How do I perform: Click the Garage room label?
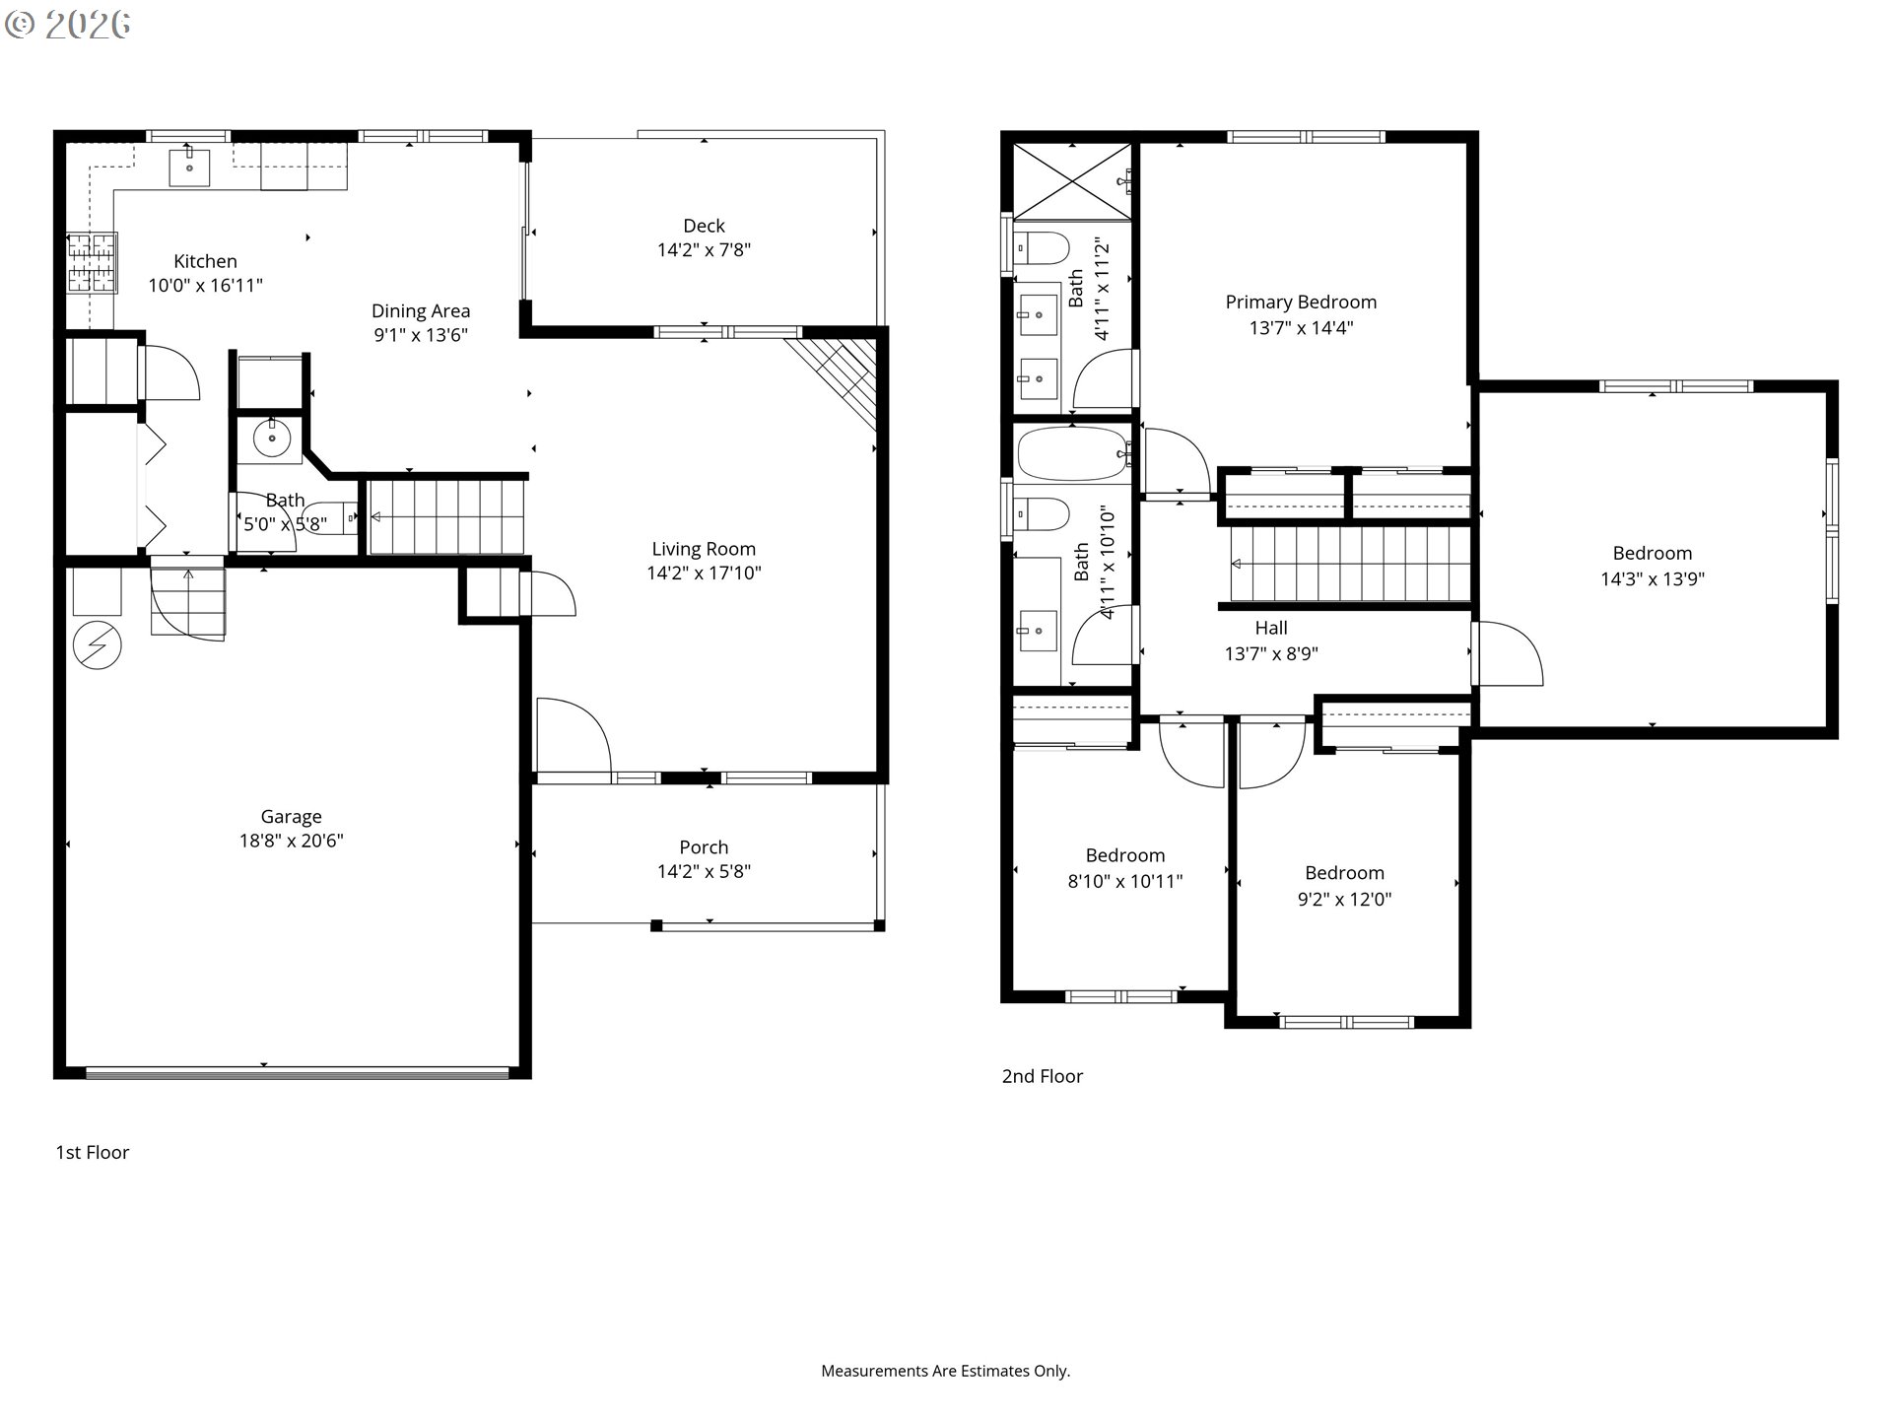tap(291, 816)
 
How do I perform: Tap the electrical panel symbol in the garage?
tap(98, 646)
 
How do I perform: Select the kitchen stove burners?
tap(92, 262)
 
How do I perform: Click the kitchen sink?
tap(188, 168)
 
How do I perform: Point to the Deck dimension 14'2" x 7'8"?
tap(704, 250)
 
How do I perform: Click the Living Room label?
tap(704, 549)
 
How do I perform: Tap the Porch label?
tap(704, 847)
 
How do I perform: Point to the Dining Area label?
tap(421, 311)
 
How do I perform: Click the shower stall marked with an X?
tap(1072, 180)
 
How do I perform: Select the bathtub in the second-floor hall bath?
tap(1073, 453)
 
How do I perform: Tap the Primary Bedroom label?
tap(1301, 303)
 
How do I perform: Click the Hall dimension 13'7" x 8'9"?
tap(1271, 653)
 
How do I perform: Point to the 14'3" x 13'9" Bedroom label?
tap(1653, 554)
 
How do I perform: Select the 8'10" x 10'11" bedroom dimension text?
tap(1125, 882)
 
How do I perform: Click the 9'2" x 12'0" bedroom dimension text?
tap(1344, 899)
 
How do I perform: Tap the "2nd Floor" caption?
tap(1043, 1076)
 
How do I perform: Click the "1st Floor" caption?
tap(93, 1152)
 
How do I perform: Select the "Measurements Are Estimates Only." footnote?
tap(946, 1371)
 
